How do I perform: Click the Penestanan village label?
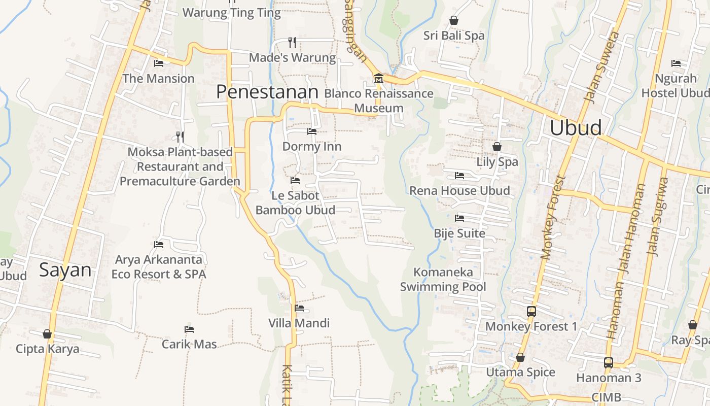coord(267,92)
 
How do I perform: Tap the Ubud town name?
coord(576,128)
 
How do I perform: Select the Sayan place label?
coord(65,270)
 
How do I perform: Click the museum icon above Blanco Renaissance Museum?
coord(378,79)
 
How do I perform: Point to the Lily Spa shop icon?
coord(497,147)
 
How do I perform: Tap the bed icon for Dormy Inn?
coord(311,131)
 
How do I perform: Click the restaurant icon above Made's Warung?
coord(292,42)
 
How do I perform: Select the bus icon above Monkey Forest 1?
coord(531,312)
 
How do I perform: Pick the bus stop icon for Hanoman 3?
coord(608,363)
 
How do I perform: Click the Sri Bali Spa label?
coord(454,36)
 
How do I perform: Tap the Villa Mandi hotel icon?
coord(299,308)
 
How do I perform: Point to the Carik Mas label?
coord(189,344)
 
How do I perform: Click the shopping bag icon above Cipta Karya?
coord(47,334)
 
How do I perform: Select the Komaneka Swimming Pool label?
coord(443,279)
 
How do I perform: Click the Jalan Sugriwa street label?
coord(657,216)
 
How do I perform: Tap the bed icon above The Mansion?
coord(159,63)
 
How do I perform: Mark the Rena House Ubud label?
coord(459,191)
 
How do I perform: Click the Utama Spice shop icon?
coord(520,357)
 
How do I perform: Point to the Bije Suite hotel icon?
coord(459,218)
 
